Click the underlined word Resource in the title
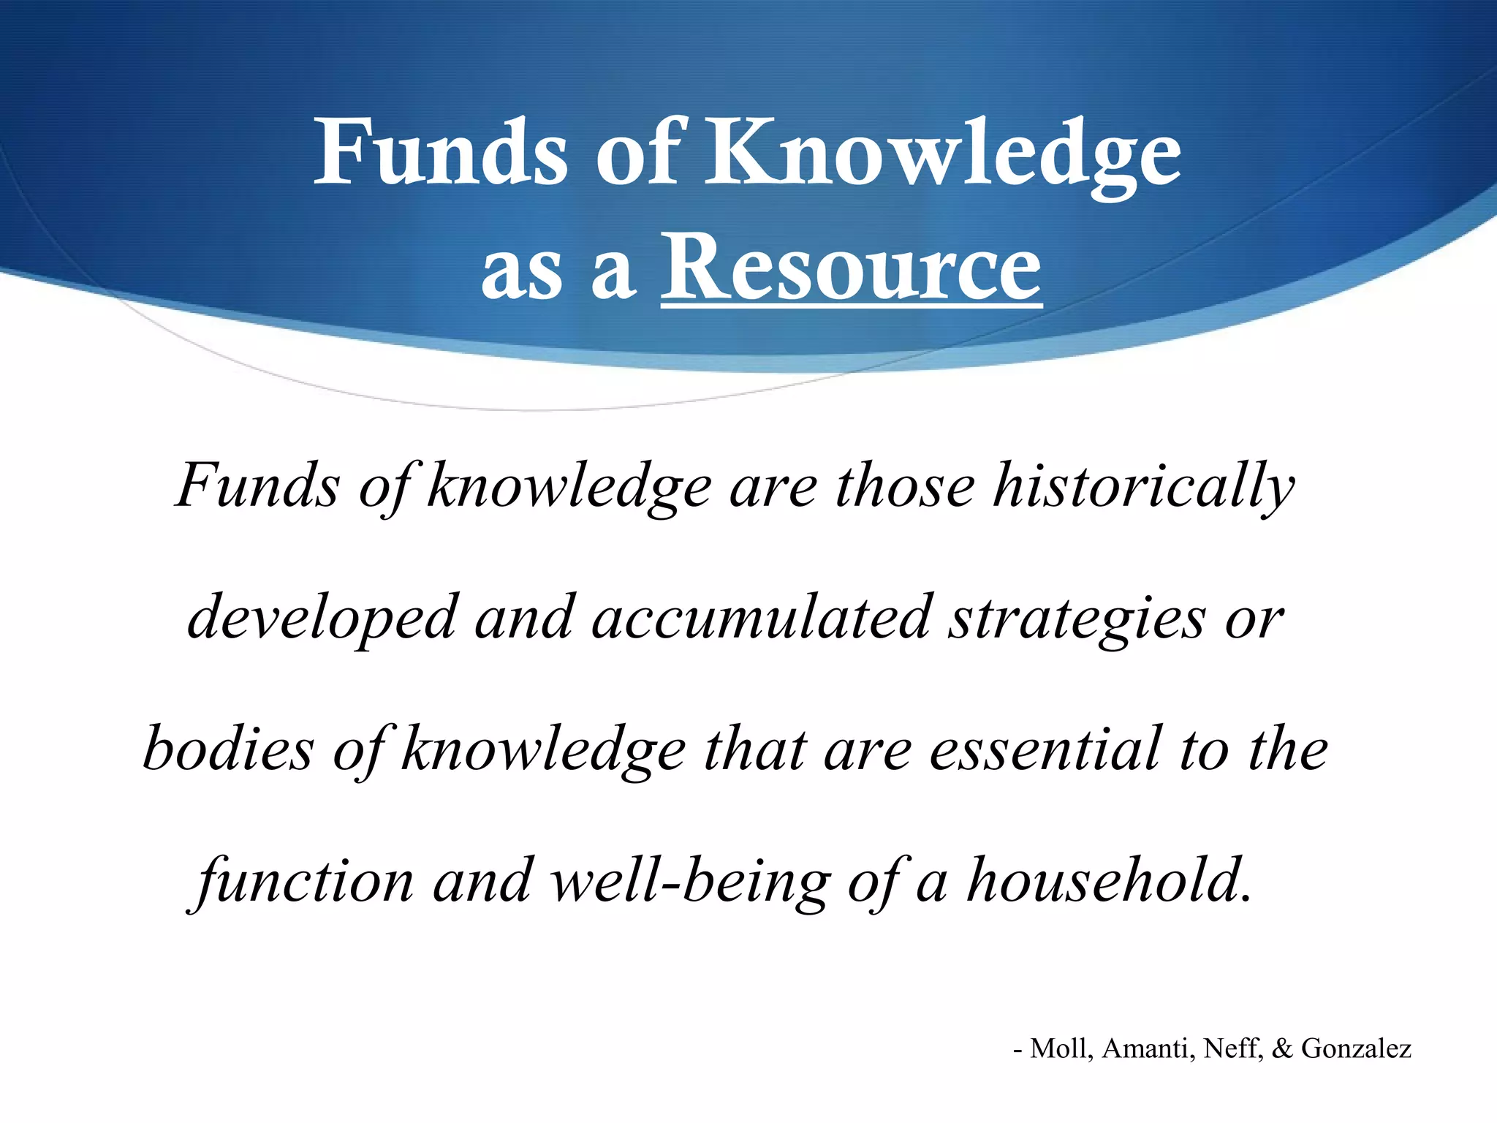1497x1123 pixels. click(x=851, y=268)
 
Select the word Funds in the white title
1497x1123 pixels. click(x=440, y=154)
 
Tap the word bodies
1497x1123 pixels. click(x=228, y=750)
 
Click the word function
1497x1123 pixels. click(x=306, y=882)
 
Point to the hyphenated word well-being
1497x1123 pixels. click(x=691, y=882)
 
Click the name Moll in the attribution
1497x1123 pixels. click(x=1061, y=1048)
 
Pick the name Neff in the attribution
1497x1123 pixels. click(x=1233, y=1048)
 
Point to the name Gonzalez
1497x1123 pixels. click(x=1356, y=1048)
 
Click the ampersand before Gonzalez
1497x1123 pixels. click(x=1282, y=1048)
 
